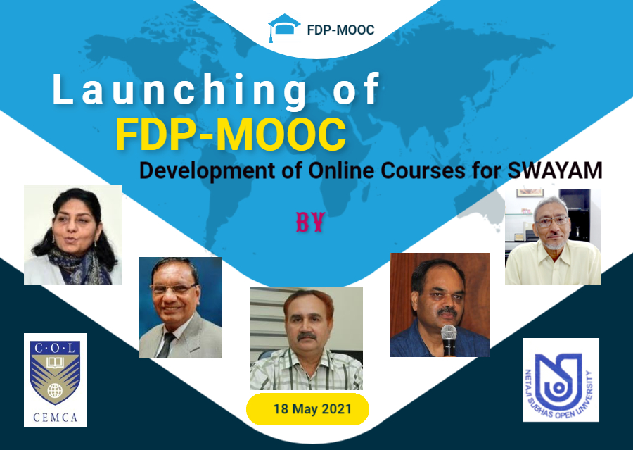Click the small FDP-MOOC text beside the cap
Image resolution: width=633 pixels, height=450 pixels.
(x=340, y=30)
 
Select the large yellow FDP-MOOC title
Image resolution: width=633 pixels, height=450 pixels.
(x=231, y=135)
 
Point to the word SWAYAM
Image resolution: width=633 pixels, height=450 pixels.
(x=555, y=170)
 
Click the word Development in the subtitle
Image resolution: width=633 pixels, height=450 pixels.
(x=207, y=171)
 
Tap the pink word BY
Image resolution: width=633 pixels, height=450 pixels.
(x=310, y=222)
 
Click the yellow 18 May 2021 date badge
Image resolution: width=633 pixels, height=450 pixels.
(x=307, y=408)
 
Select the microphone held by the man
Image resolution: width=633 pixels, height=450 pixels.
(x=449, y=339)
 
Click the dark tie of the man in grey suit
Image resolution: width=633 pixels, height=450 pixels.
(x=166, y=345)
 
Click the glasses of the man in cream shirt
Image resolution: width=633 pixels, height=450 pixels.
(x=551, y=221)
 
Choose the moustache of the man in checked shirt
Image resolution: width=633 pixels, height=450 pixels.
(x=307, y=336)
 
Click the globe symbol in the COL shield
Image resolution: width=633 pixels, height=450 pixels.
(x=55, y=391)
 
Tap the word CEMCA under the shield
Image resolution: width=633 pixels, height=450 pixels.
(x=56, y=417)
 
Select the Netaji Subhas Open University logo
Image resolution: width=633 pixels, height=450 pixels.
(x=561, y=380)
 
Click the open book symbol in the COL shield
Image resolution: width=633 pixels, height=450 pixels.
(x=56, y=362)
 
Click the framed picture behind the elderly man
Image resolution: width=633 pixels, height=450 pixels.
(x=530, y=192)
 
